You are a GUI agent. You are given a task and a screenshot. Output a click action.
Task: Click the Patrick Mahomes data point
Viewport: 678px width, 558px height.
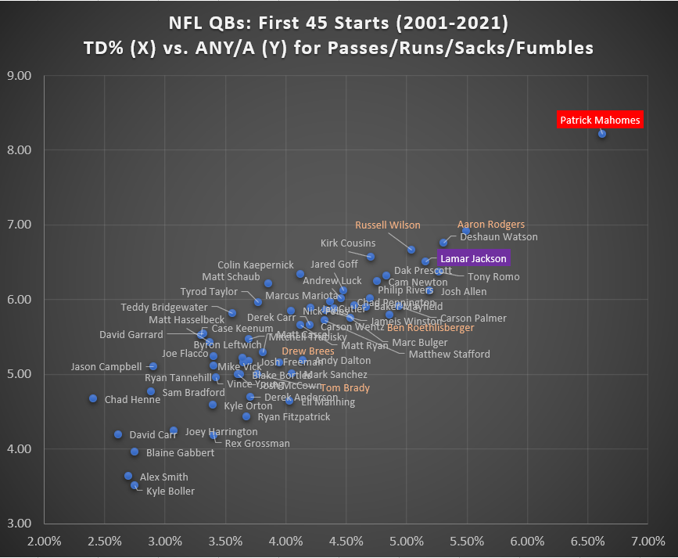pos(602,134)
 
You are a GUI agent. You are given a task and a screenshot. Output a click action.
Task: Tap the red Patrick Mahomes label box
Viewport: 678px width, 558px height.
pos(600,120)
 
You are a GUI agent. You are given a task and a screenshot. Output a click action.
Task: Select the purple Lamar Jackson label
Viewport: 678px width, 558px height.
pos(473,258)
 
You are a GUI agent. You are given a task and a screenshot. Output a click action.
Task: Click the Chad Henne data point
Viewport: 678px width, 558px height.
pos(93,398)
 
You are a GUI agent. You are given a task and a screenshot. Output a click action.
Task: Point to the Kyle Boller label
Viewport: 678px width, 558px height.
pos(170,491)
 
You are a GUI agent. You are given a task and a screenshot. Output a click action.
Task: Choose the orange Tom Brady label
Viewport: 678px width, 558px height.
pos(345,388)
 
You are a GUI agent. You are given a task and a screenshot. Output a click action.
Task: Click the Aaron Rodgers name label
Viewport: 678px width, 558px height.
pos(491,225)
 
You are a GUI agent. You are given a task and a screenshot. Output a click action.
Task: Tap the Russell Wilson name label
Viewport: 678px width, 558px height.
pos(388,225)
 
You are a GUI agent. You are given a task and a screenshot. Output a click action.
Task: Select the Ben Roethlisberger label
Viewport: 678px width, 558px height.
pos(431,328)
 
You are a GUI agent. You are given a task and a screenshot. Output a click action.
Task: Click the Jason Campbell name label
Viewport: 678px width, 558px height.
pos(106,366)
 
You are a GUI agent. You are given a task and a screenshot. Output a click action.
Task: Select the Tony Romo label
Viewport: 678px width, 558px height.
pos(493,276)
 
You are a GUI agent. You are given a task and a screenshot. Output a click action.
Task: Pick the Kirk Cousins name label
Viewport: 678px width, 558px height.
pos(348,243)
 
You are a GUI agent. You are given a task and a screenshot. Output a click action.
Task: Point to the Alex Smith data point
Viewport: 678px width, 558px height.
pos(128,476)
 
